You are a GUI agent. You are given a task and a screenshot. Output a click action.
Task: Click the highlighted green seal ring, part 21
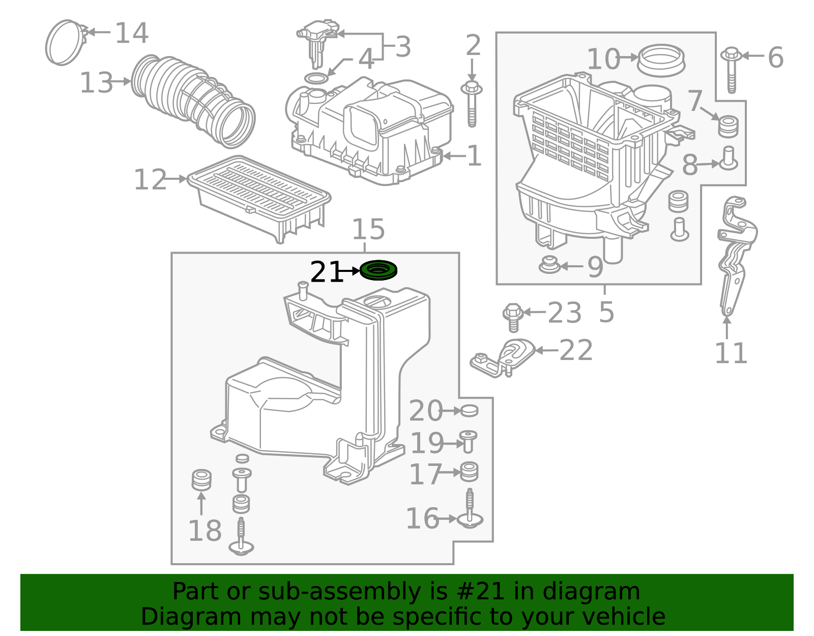[x=378, y=270]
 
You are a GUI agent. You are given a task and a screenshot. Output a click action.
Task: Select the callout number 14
[x=131, y=33]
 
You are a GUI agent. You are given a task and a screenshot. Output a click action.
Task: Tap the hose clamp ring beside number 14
[x=64, y=43]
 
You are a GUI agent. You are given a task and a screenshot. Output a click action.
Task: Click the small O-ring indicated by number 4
[x=315, y=79]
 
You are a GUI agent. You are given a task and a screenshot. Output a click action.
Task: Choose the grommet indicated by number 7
[x=728, y=126]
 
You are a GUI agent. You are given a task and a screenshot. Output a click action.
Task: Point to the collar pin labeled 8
[x=729, y=158]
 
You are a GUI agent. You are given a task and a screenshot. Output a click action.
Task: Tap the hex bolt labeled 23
[x=513, y=317]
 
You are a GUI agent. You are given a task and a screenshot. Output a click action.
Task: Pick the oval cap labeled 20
[x=469, y=410]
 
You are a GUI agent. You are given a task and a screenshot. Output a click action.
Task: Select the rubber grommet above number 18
[x=201, y=480]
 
